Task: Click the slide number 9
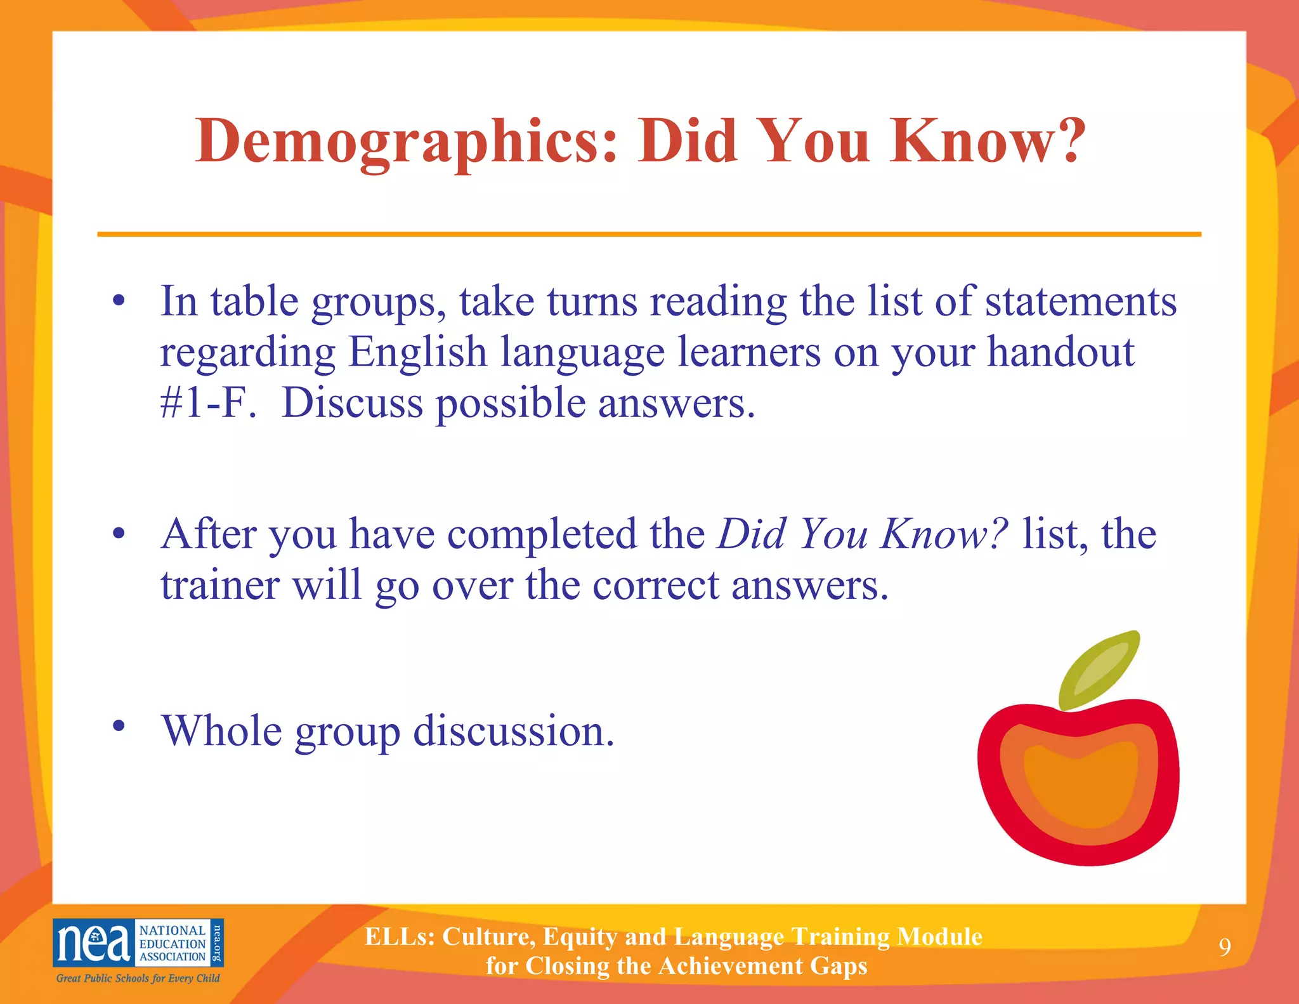click(x=1225, y=948)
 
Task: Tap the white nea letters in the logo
click(x=93, y=942)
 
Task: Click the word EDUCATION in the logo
click(x=173, y=944)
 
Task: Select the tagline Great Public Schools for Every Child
click(x=138, y=978)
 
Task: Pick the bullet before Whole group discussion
click(x=119, y=725)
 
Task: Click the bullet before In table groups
click(x=119, y=300)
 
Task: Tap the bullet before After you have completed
click(x=119, y=533)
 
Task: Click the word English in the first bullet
click(x=417, y=352)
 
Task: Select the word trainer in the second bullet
click(x=219, y=585)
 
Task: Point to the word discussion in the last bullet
click(x=514, y=731)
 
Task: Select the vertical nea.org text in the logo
click(x=217, y=942)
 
